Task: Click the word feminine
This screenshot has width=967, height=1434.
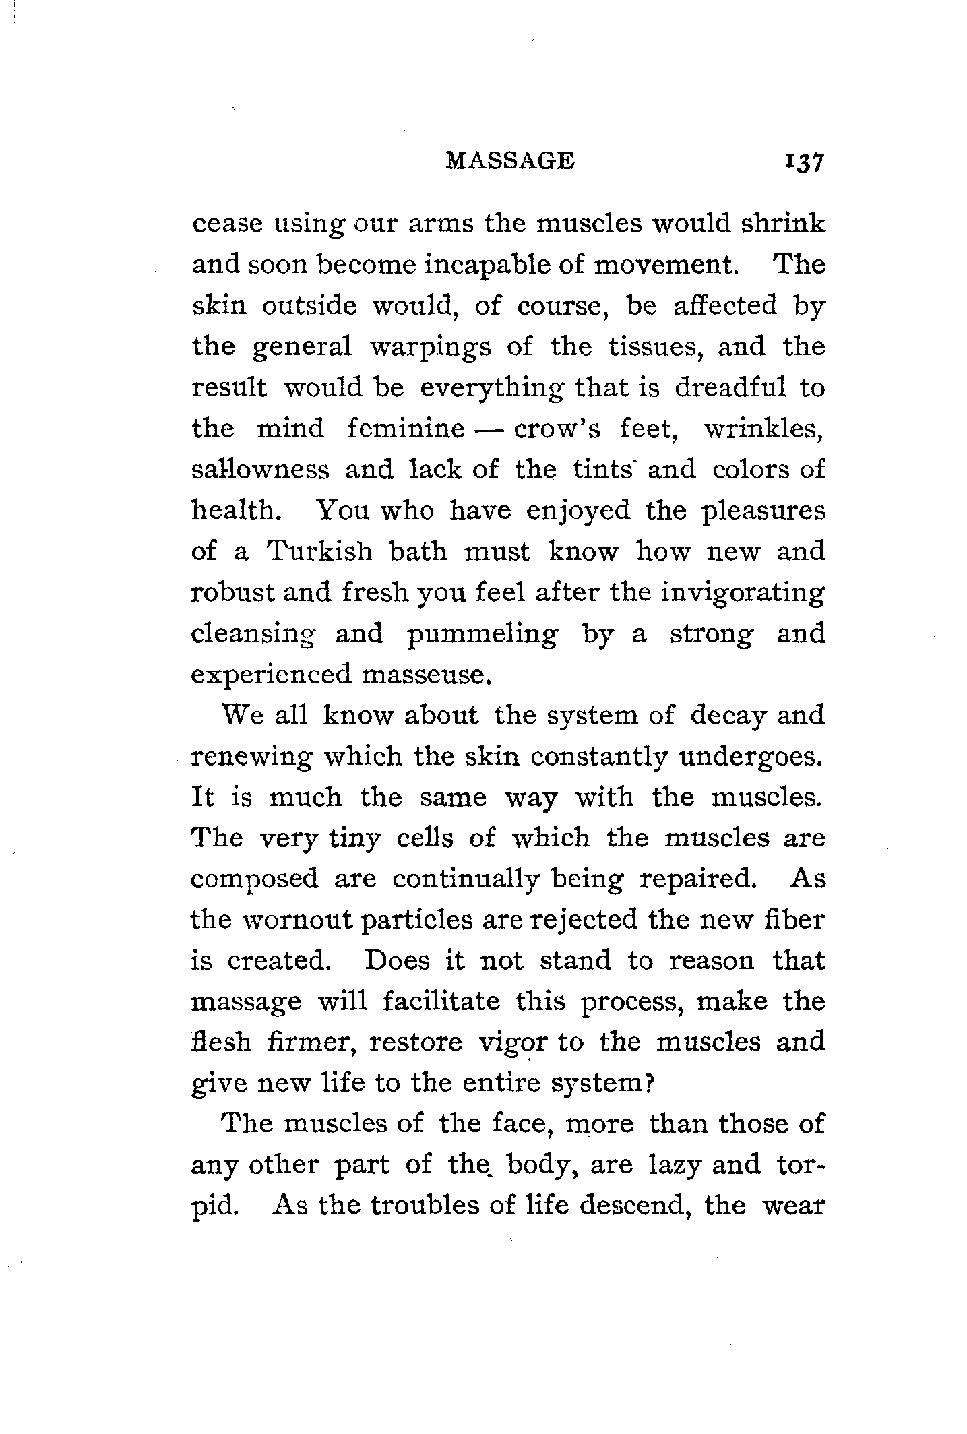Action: [406, 429]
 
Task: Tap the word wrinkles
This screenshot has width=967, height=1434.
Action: [764, 429]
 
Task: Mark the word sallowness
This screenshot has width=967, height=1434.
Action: [261, 470]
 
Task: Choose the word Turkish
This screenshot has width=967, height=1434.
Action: [319, 551]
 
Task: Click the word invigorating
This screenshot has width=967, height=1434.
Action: [743, 593]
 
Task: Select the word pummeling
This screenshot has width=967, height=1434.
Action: [483, 634]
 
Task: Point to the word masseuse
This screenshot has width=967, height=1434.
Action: [423, 675]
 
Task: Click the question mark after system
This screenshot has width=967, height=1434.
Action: [651, 1084]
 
